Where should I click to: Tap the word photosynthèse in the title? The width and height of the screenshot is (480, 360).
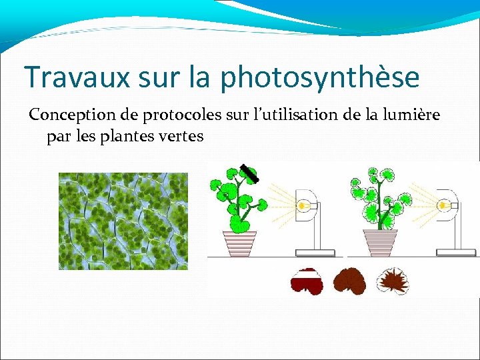[320, 78]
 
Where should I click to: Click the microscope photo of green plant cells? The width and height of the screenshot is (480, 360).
[123, 221]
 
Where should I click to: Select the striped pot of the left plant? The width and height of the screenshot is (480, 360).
[240, 243]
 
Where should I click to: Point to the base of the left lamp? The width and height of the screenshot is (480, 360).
[315, 252]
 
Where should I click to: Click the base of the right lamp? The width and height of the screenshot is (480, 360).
[456, 252]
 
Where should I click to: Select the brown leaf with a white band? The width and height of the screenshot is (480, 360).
[307, 281]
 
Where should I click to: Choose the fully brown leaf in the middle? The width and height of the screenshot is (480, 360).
[350, 281]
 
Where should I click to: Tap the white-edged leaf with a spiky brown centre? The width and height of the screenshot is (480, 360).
[393, 281]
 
